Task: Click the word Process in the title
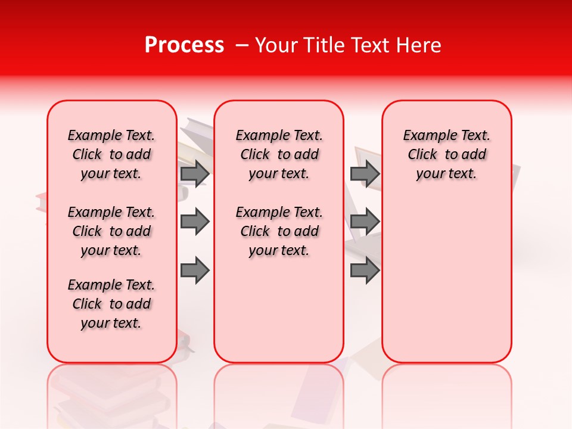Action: (184, 45)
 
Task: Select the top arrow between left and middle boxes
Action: (195, 173)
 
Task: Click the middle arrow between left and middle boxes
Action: (195, 222)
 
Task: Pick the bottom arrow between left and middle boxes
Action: (195, 270)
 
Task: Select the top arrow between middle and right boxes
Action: (365, 173)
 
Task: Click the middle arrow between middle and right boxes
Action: (365, 222)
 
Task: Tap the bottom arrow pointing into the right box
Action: (365, 270)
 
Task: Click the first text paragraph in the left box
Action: (111, 154)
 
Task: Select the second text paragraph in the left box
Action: (111, 231)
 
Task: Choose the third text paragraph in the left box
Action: (111, 304)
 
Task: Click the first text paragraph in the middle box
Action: (279, 154)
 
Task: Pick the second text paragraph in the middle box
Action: (279, 231)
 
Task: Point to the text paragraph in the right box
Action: (446, 154)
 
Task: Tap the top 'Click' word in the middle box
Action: (255, 155)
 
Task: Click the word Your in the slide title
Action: (276, 45)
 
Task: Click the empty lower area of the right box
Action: (446, 286)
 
